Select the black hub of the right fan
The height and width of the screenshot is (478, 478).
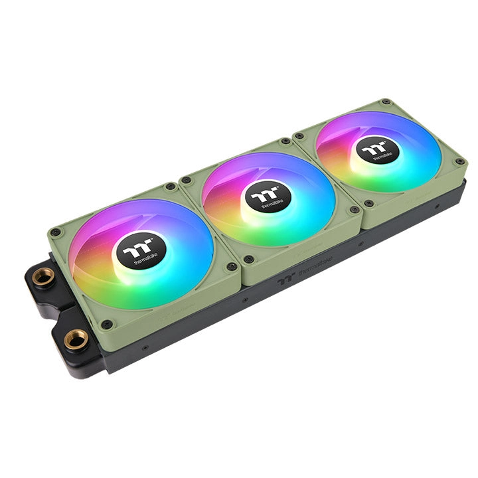376,151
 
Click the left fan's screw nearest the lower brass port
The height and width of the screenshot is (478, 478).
106,324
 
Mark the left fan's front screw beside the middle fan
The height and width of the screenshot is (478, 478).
231,266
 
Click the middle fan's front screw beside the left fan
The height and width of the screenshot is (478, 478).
248,259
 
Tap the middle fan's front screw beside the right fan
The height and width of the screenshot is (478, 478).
354,210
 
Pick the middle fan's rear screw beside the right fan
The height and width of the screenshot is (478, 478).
285,141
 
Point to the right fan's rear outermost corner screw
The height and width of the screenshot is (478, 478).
385,103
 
